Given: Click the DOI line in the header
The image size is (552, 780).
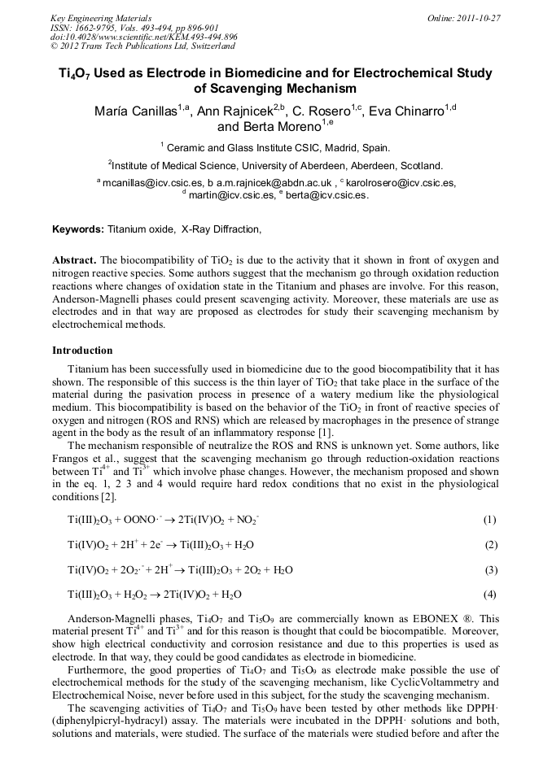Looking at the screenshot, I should [x=144, y=37].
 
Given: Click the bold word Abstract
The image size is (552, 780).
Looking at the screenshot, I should [x=75, y=260].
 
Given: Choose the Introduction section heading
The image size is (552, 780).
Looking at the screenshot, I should [x=82, y=351].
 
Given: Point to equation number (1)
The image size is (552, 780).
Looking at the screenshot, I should [x=489, y=519].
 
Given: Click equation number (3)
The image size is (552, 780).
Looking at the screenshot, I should [x=490, y=569].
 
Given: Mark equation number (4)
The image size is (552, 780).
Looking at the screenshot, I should [x=490, y=595].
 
